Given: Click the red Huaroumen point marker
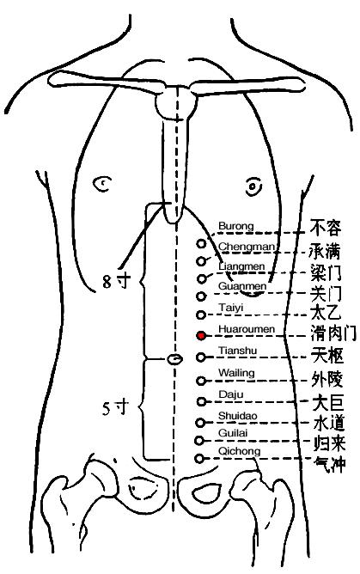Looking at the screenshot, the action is [201, 335].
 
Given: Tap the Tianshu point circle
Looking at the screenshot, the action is [201, 357].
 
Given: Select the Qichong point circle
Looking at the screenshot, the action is [199, 458].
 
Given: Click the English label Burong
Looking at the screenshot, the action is [236, 226].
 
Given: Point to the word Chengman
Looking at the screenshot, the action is [247, 247].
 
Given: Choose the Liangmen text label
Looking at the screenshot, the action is [241, 266].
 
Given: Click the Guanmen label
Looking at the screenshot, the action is [242, 285].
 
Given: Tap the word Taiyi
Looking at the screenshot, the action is [231, 308].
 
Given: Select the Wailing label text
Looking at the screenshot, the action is [236, 373].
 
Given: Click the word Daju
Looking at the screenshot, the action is [231, 394].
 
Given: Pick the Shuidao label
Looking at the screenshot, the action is [238, 416].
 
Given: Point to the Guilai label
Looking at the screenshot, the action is [233, 433].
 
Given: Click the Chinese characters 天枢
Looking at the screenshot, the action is [328, 356].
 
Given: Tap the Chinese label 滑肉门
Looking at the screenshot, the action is [333, 333].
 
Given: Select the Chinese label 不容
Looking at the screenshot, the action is [326, 228].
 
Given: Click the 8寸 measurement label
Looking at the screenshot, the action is [116, 282].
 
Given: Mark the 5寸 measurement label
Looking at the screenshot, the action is [116, 408].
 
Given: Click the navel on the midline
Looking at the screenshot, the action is [175, 359].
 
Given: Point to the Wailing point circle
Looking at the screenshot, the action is [200, 381].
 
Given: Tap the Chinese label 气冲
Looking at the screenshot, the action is [330, 465].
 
